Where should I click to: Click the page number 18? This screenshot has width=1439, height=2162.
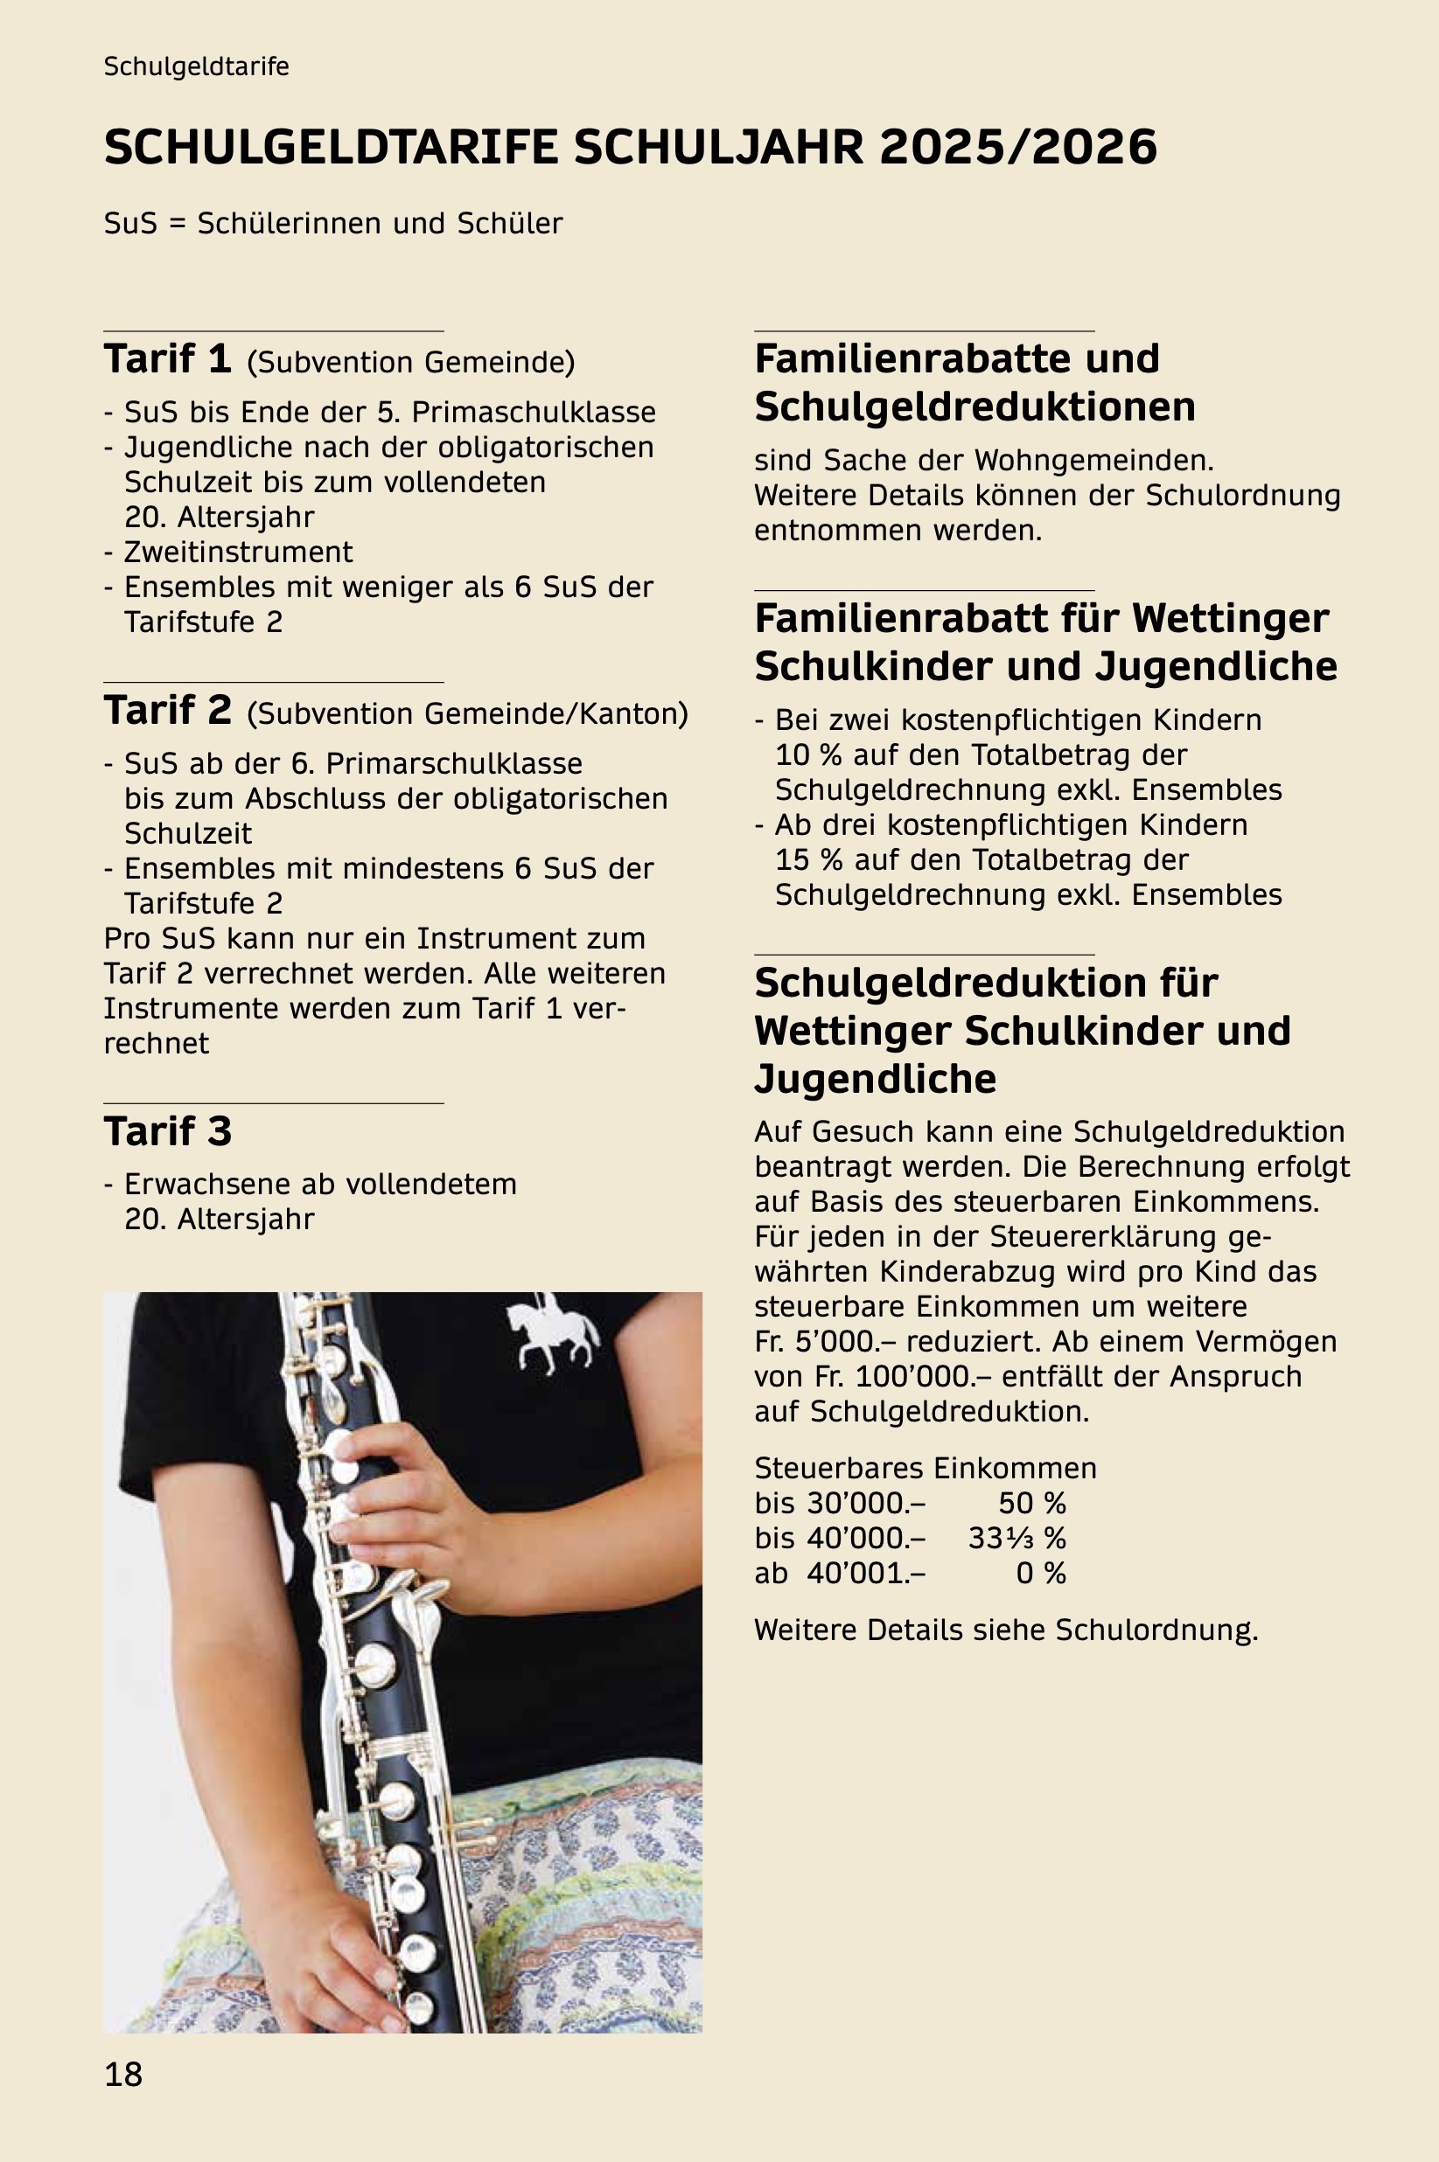(123, 2074)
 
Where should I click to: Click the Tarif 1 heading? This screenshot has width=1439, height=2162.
(167, 359)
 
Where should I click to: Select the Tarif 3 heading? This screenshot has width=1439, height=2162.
(167, 1131)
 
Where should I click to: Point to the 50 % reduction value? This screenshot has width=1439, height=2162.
(1031, 1504)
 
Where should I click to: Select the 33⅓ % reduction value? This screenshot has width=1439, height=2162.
(1016, 1539)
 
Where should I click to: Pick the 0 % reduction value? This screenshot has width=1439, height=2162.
(1041, 1573)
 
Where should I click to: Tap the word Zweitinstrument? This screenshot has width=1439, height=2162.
(238, 553)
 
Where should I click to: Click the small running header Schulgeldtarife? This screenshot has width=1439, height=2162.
(197, 67)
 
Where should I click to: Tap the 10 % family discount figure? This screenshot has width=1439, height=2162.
(808, 755)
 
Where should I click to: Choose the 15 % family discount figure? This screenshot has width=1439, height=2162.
(808, 859)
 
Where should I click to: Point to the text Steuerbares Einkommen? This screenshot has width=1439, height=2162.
(926, 1469)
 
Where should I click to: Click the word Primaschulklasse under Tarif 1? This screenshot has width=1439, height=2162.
(534, 413)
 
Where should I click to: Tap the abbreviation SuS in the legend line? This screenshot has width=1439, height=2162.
(130, 224)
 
